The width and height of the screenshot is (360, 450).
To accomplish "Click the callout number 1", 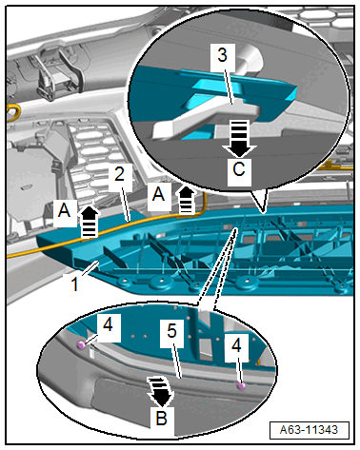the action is pos(74,284).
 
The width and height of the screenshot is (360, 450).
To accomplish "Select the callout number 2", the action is pos(119,174).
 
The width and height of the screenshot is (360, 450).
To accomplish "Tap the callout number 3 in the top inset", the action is pos(223,55).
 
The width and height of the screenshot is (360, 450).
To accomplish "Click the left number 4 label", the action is pos(108,324).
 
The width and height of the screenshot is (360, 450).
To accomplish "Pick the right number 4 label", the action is pos(236,345).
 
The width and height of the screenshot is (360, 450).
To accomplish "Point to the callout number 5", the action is pos(171,331).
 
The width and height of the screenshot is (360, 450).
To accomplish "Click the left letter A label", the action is pos(64,210).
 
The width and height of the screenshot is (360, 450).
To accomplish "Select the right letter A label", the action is pos(158,194).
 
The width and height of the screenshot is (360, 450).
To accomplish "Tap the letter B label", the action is pos(162,418).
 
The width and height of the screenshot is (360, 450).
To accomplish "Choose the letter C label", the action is pos(239,169).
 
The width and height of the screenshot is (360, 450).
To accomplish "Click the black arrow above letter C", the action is pos(239,139).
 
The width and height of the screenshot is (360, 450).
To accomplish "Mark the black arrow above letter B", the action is pos(161,392).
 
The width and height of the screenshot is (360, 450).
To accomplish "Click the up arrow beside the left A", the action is pos(90,222).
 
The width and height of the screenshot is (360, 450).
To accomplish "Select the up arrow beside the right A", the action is pos(186,200).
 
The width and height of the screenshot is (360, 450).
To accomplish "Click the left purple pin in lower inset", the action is pos(81,345).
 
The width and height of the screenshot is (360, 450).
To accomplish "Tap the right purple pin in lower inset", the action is pos(241,386).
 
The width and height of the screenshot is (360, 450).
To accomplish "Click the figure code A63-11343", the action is pos(309,430).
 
